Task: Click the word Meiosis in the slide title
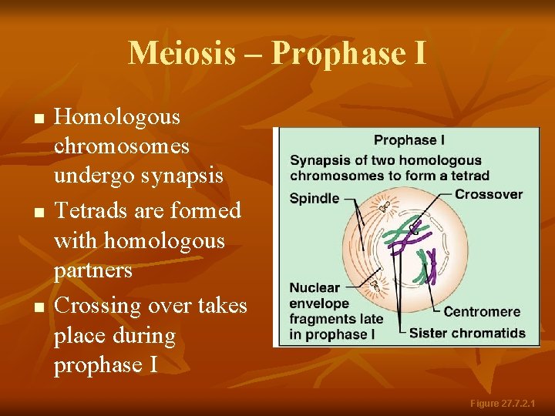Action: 181,53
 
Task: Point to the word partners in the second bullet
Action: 93,270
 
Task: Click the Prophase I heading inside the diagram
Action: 409,140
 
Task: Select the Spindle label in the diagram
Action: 314,198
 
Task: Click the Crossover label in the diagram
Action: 488,194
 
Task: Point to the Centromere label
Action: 482,312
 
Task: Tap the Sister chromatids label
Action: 467,334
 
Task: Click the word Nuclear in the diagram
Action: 314,288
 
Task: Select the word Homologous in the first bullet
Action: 117,117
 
